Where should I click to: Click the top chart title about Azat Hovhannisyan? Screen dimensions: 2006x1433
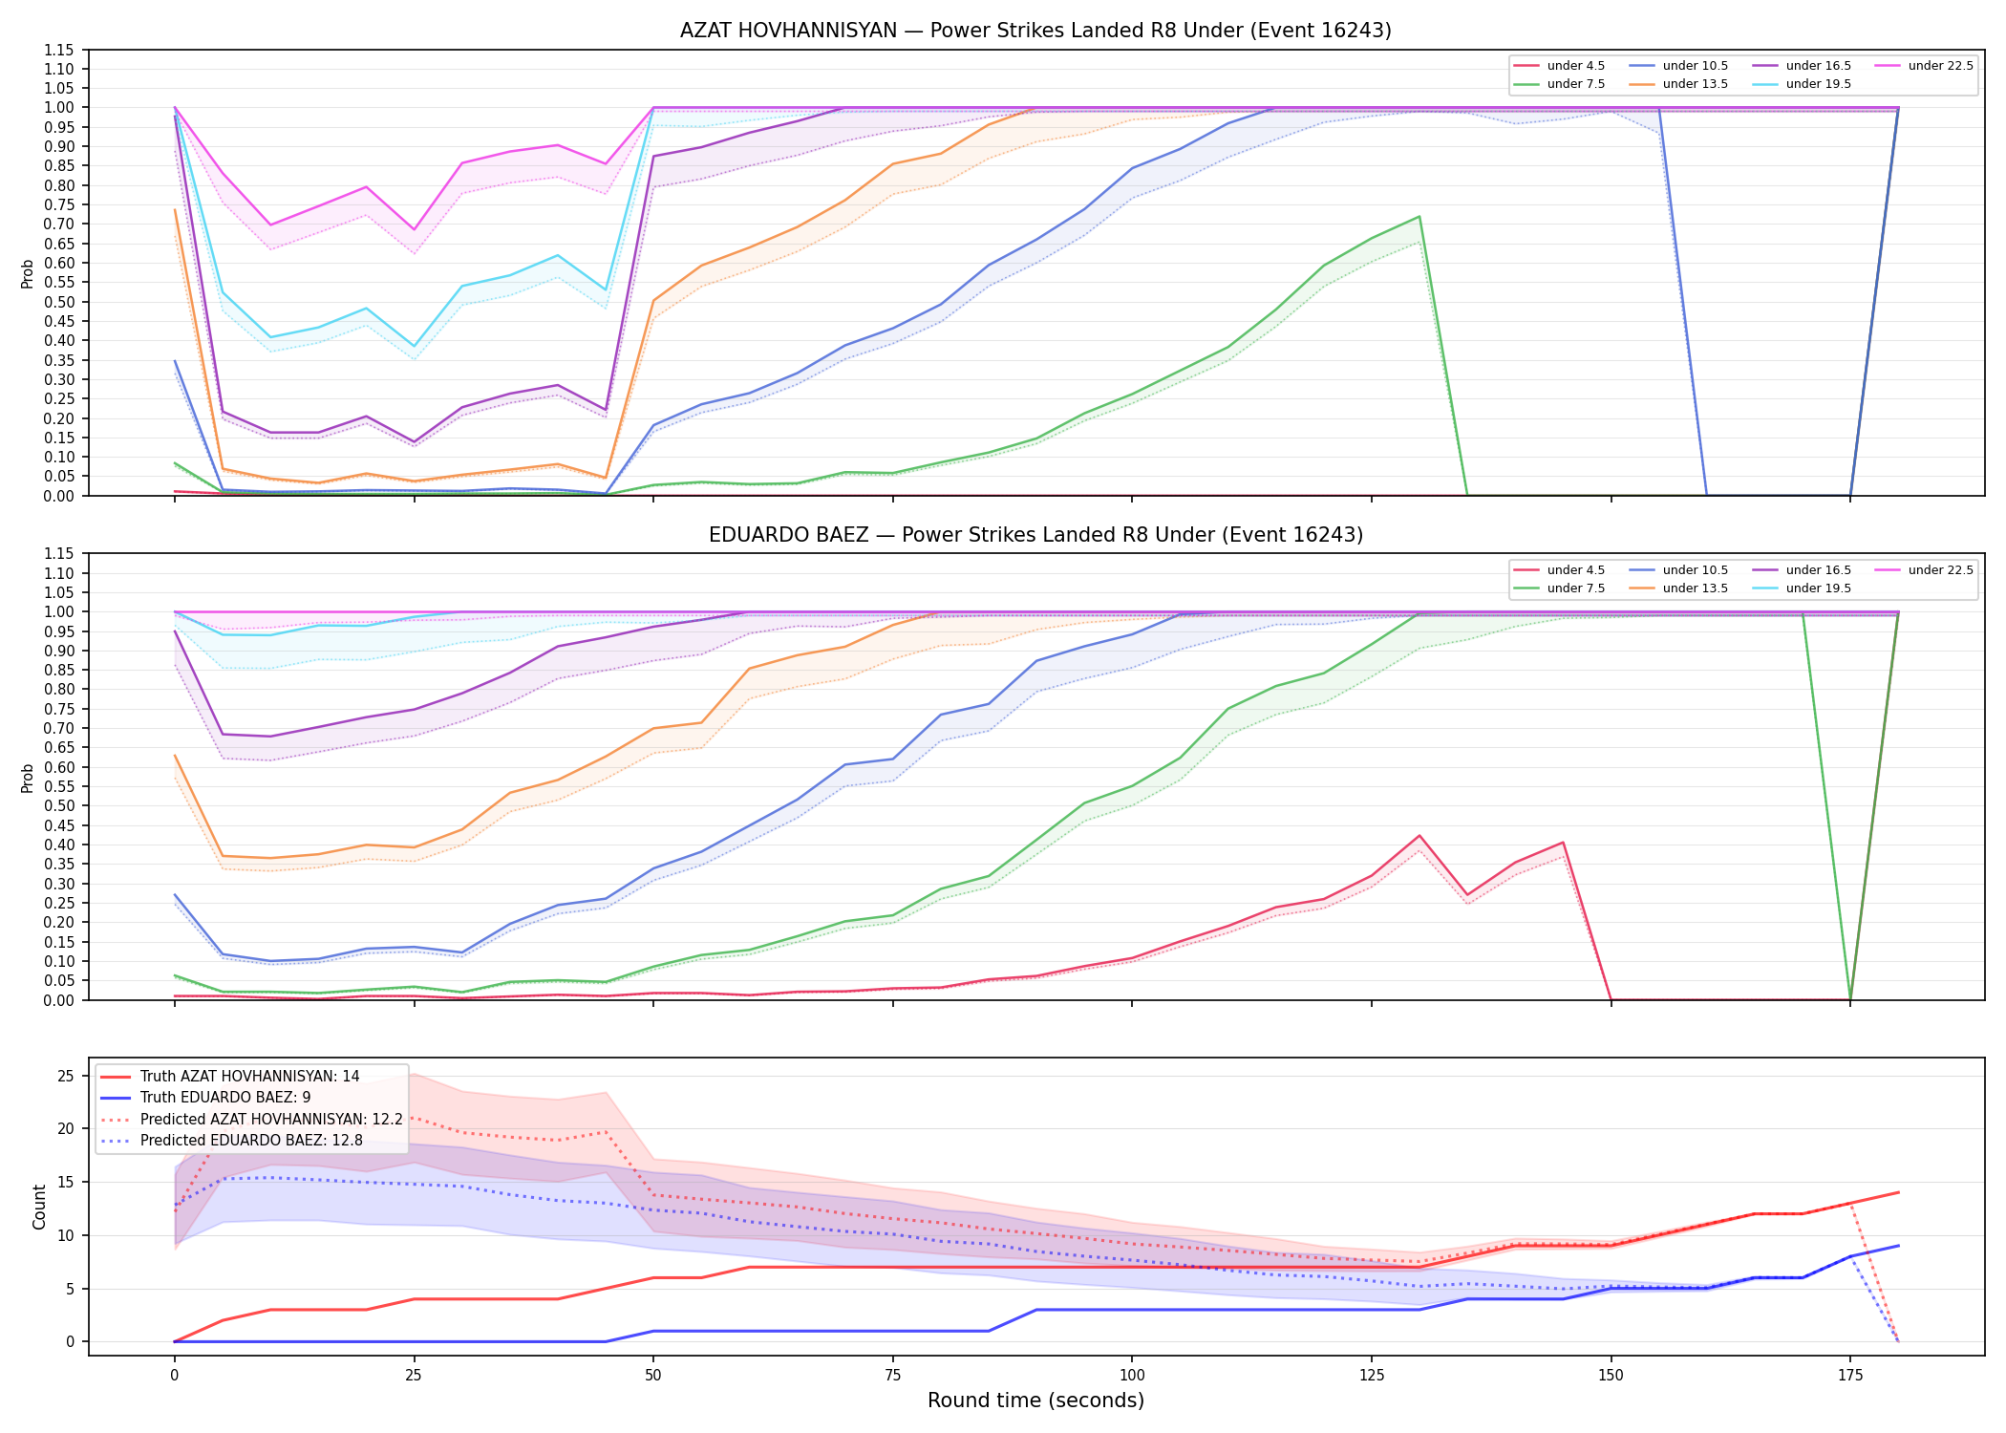(1035, 31)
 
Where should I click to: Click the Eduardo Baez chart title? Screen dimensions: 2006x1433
(1035, 535)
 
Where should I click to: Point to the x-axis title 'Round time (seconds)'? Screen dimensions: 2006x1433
(1035, 1401)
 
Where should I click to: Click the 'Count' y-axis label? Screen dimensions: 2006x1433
(39, 1207)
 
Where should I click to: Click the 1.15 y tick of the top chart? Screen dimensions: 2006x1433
(59, 50)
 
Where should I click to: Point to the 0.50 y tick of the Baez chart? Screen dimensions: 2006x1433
(59, 806)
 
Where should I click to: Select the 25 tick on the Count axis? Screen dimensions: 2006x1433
(66, 1077)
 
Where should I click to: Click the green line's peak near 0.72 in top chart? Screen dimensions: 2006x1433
(1419, 217)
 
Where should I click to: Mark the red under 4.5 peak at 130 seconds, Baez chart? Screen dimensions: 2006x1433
(1419, 836)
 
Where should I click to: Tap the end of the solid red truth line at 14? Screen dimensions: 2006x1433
(1898, 1192)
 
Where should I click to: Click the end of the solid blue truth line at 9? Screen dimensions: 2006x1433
(1898, 1246)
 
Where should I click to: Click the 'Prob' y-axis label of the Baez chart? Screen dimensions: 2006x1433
(28, 778)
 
